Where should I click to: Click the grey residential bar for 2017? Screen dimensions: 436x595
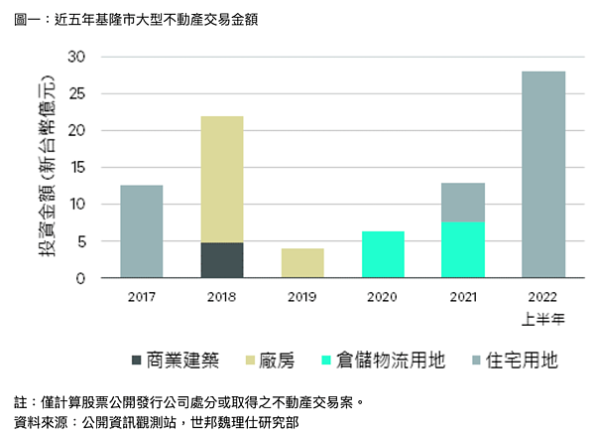click(x=141, y=231)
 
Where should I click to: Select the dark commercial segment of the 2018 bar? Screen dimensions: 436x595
click(x=221, y=260)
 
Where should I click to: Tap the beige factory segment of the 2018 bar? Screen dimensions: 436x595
click(x=221, y=180)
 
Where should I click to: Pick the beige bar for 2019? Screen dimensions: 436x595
click(x=302, y=263)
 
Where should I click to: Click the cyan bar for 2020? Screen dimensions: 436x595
click(x=383, y=254)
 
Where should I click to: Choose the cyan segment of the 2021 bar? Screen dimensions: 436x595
click(x=463, y=249)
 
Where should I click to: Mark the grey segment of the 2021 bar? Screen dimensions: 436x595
click(x=463, y=203)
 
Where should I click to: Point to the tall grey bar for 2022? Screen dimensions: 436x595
click(x=543, y=175)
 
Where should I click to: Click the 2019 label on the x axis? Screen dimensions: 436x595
click(x=302, y=296)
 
